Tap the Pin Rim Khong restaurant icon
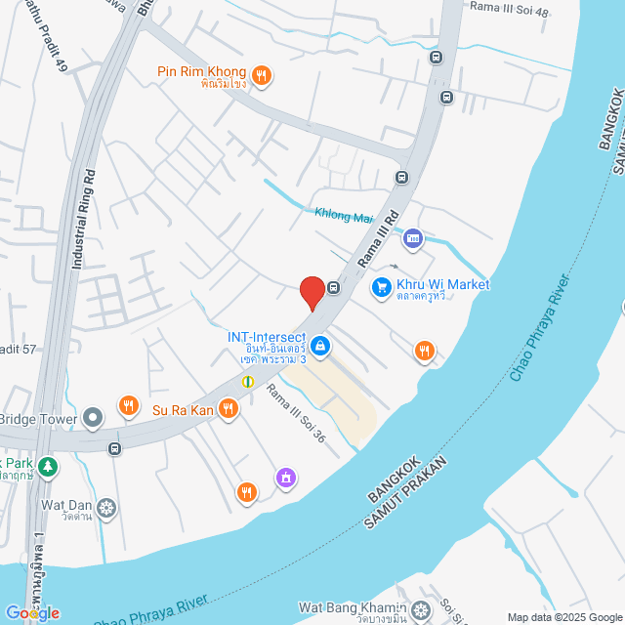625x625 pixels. (261, 74)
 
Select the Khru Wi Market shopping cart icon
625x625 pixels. (381, 287)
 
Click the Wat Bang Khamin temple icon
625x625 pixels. (420, 611)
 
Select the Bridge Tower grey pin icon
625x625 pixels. (93, 418)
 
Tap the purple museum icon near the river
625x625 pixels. (286, 478)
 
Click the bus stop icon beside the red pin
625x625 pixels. (334, 288)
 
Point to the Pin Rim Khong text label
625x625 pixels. (203, 72)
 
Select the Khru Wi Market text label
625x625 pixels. (442, 284)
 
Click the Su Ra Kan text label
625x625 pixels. (182, 409)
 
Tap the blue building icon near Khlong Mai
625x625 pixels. (413, 237)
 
